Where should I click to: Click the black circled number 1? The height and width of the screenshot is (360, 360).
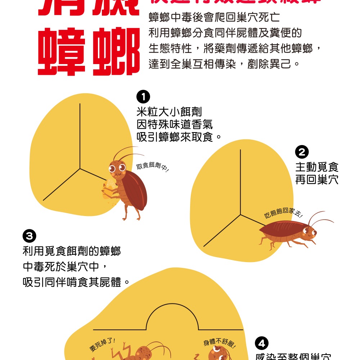coord(143,97)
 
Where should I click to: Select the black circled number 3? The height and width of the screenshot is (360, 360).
coord(29,237)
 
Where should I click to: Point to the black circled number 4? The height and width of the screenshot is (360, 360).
coord(262,344)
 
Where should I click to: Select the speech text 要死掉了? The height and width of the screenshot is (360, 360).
coord(103,345)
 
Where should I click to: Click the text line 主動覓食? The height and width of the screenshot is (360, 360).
coord(317,167)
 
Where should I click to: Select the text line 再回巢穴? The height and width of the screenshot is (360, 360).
coord(317,180)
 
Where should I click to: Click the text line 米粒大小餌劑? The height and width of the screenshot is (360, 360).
coord(169,112)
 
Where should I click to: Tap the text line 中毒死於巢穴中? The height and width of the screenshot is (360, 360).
coord(65,267)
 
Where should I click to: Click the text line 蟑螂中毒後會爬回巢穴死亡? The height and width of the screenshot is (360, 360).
coord(214,17)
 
